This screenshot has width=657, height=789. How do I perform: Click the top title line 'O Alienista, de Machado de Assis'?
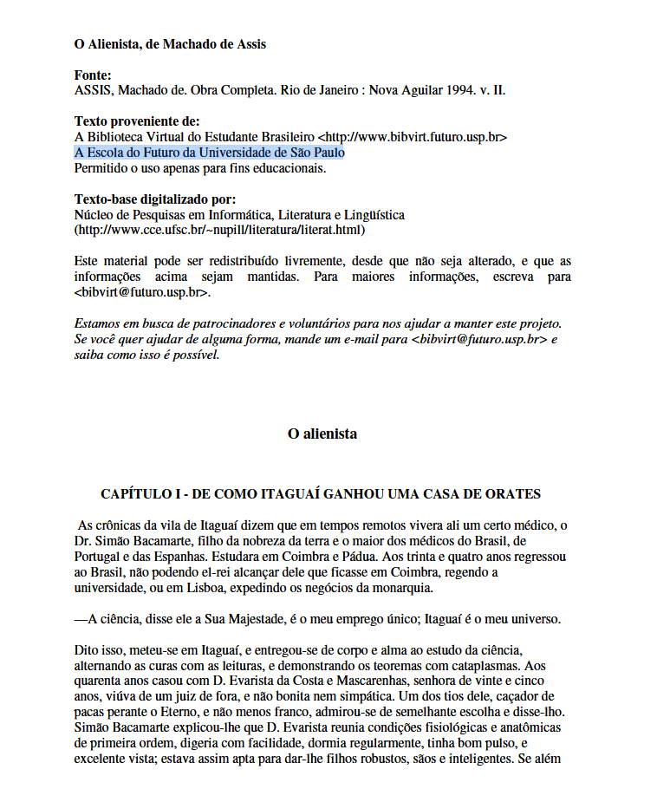point(170,44)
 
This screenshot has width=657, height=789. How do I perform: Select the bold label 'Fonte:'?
point(93,75)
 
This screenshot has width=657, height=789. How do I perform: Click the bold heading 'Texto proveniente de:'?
point(137,121)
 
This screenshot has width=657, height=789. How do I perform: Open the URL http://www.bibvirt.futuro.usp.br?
point(413,137)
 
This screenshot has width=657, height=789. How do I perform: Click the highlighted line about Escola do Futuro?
point(209,153)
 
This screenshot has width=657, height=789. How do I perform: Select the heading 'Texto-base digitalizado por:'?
point(155,199)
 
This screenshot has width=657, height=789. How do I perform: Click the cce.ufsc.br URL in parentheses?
point(219,231)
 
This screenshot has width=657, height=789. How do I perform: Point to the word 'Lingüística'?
point(371,215)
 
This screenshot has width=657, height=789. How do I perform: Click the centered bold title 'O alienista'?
point(322,434)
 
